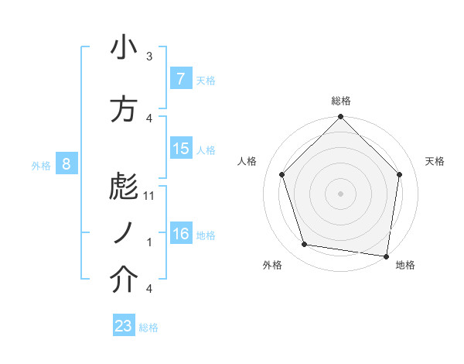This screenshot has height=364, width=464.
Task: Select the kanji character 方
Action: point(124,109)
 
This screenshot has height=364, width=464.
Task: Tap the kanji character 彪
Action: point(124,186)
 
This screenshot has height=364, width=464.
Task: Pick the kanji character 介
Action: point(124,281)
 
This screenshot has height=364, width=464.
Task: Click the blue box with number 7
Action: point(180,79)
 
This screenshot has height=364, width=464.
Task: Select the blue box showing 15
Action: point(180,149)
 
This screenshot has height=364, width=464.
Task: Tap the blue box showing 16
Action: point(180,234)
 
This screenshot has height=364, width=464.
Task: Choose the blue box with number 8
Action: point(67,163)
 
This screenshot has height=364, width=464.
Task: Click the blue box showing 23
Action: point(124,326)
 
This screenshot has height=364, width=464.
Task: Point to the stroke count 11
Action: point(150,195)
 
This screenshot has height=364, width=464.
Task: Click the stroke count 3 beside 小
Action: point(149,56)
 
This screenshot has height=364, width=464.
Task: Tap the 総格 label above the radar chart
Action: point(340,101)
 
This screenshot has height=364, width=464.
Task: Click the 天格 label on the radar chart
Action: point(435,161)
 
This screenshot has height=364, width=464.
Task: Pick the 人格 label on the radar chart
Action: point(247,161)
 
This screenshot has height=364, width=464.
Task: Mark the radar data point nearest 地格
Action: point(387,256)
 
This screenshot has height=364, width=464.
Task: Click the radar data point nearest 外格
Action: point(305,245)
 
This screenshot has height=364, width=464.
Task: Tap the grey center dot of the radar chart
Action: point(340,193)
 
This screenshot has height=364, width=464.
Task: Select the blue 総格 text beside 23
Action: point(148,328)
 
